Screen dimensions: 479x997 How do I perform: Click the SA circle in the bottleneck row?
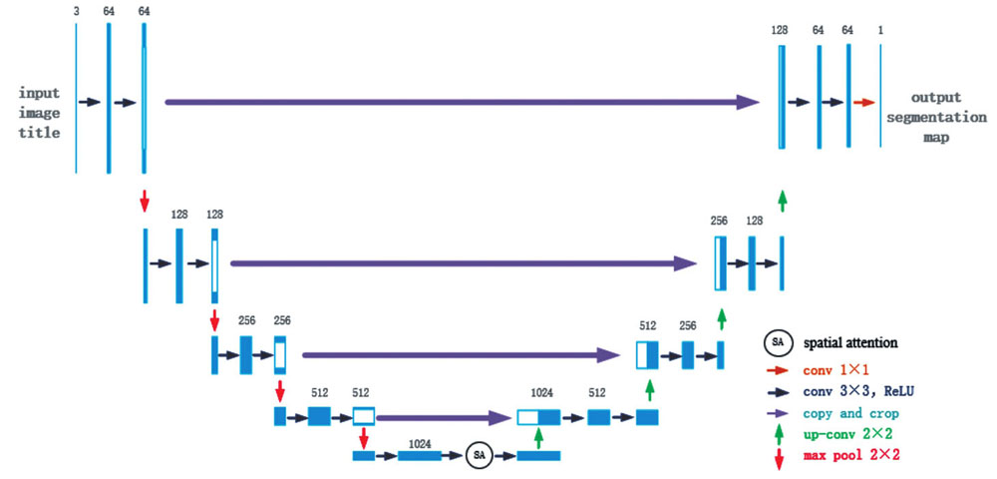pyautogui.click(x=480, y=455)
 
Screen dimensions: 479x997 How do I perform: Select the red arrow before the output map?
pyautogui.click(x=863, y=102)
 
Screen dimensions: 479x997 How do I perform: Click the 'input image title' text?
pyautogui.click(x=40, y=112)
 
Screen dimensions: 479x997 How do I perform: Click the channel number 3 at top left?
pyautogui.click(x=76, y=10)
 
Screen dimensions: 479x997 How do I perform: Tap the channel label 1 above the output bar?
pyautogui.click(x=880, y=31)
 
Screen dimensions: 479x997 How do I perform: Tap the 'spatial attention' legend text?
pyautogui.click(x=851, y=342)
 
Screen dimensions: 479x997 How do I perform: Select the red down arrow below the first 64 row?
pyautogui.click(x=145, y=200)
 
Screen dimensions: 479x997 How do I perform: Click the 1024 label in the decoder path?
pyautogui.click(x=538, y=394)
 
